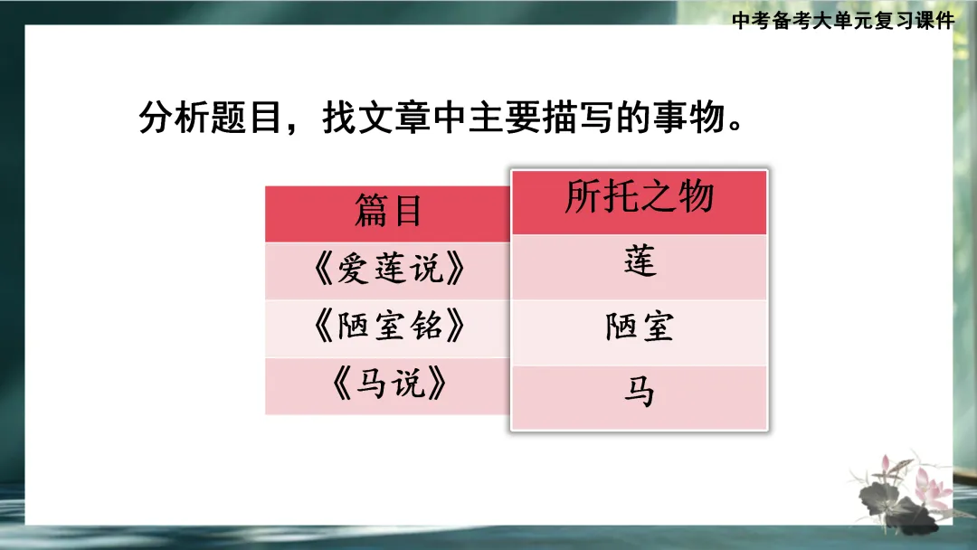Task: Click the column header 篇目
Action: pyautogui.click(x=387, y=213)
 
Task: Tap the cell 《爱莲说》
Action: pyautogui.click(x=387, y=270)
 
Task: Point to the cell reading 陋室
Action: pyautogui.click(x=640, y=327)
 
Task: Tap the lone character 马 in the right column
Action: pyautogui.click(x=640, y=393)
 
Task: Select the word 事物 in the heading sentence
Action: pyautogui.click(x=683, y=118)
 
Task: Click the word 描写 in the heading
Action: pyautogui.click(x=570, y=118)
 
